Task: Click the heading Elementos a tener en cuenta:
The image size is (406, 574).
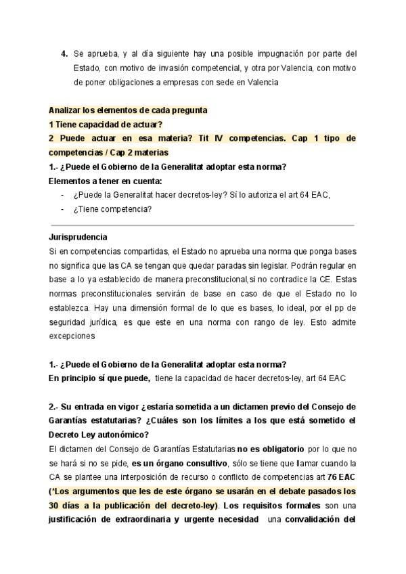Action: pos(106,181)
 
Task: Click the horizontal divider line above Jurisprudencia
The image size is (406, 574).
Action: pos(203,225)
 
